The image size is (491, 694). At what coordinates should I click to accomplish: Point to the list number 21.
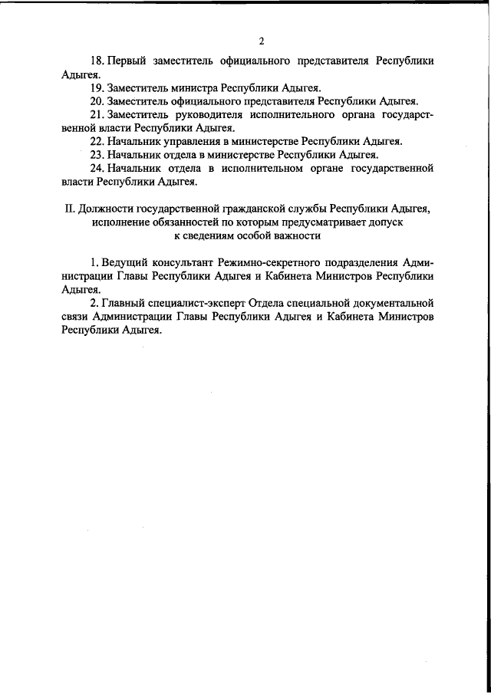[96, 114]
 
